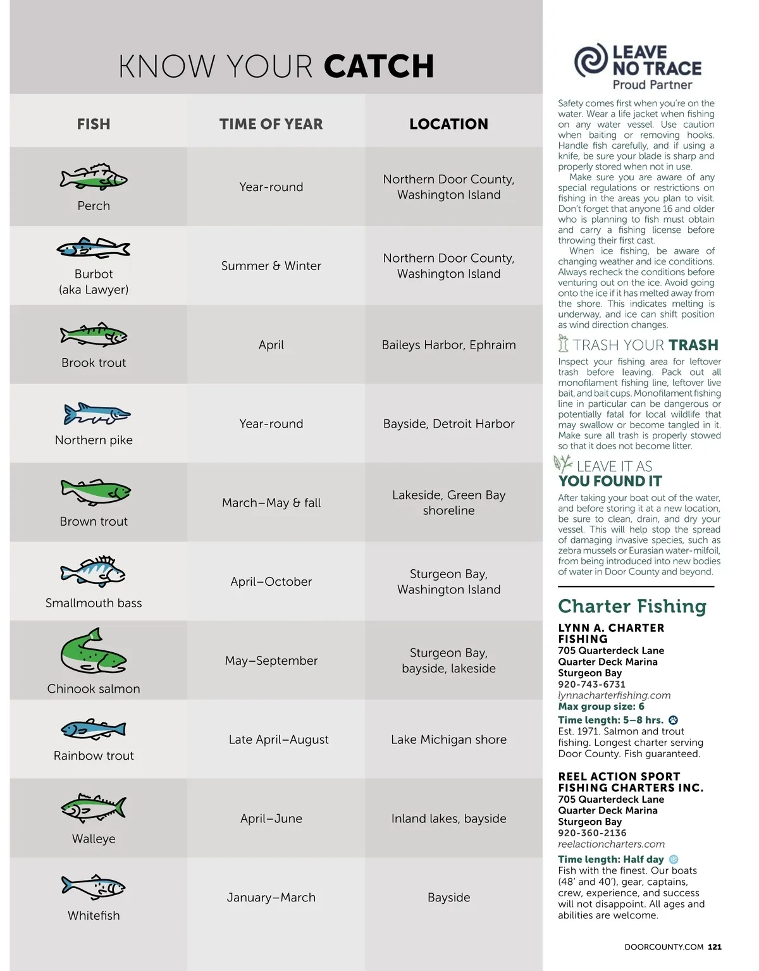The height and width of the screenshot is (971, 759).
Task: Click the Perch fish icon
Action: tap(94, 177)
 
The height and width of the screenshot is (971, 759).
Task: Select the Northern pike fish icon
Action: tap(97, 414)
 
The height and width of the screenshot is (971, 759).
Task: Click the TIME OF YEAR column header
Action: tap(271, 124)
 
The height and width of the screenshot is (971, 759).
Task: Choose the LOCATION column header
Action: tap(448, 124)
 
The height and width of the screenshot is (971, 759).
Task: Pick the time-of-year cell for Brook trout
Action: tap(271, 345)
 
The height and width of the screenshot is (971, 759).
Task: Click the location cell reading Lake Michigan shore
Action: tap(448, 739)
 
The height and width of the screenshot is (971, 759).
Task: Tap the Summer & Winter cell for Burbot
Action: tap(271, 266)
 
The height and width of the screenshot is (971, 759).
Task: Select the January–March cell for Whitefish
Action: tap(271, 897)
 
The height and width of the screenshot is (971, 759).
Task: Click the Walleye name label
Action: tap(94, 839)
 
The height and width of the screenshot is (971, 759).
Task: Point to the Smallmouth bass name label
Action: tap(94, 603)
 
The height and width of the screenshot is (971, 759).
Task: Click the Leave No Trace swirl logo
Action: tap(591, 60)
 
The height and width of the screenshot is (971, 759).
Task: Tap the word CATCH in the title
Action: tap(379, 66)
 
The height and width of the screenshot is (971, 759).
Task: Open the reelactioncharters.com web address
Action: tap(611, 844)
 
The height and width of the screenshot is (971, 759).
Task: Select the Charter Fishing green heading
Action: tap(632, 606)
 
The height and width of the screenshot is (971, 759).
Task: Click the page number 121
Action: tap(715, 947)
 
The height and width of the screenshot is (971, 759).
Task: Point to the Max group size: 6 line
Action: tap(601, 706)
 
